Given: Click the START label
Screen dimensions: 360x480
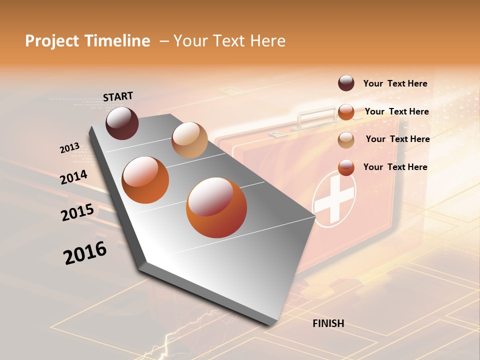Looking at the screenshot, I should click(x=118, y=96).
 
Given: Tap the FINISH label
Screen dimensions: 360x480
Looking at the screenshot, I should click(x=328, y=323).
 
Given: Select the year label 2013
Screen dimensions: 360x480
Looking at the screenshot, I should click(x=69, y=148).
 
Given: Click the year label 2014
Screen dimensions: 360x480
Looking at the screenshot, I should click(x=73, y=177).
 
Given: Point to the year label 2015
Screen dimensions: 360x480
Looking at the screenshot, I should click(x=77, y=212).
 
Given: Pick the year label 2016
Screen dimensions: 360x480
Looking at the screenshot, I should click(x=85, y=253).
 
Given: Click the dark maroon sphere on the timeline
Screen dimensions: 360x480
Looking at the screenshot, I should click(x=122, y=123).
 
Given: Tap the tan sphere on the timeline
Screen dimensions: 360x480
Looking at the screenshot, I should click(x=189, y=140).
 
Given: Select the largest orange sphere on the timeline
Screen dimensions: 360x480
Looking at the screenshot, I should click(x=216, y=207).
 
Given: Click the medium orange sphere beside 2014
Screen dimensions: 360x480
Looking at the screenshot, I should click(x=145, y=180).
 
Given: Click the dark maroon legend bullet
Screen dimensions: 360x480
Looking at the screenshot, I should click(x=346, y=83).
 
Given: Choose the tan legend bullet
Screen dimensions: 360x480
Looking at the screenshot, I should click(x=346, y=140).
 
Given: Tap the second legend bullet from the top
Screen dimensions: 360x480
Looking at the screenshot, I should click(x=346, y=111).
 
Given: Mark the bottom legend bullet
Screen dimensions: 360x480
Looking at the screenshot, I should click(x=346, y=167).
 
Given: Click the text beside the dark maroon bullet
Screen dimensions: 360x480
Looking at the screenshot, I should click(x=395, y=83).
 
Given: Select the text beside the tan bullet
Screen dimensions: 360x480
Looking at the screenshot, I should click(x=397, y=139).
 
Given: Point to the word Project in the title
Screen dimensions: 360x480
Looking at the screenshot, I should click(x=52, y=41).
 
